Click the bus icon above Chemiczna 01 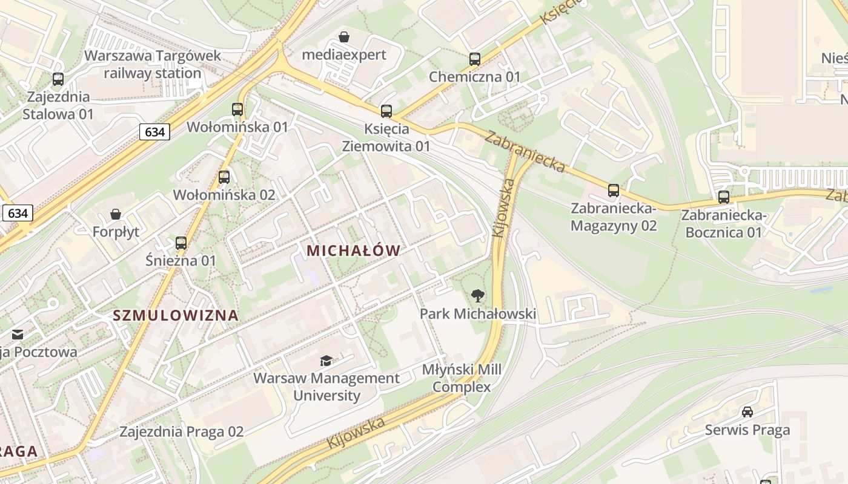475,59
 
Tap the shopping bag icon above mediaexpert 344,38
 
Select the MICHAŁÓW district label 354,250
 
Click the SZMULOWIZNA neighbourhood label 176,315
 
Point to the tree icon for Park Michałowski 478,296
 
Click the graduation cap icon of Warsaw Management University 326,361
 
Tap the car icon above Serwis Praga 747,412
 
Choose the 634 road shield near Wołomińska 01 154,131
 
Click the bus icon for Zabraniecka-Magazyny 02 614,191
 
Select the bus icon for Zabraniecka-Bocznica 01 724,197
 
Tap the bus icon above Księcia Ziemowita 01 386,111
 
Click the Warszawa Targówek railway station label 152,64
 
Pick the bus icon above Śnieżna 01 181,243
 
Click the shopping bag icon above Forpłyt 116,214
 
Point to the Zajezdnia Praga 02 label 181,432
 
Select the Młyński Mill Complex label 462,378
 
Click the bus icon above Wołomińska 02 224,177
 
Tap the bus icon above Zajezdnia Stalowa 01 58,79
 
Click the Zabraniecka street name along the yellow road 525,151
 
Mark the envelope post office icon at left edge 17,334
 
